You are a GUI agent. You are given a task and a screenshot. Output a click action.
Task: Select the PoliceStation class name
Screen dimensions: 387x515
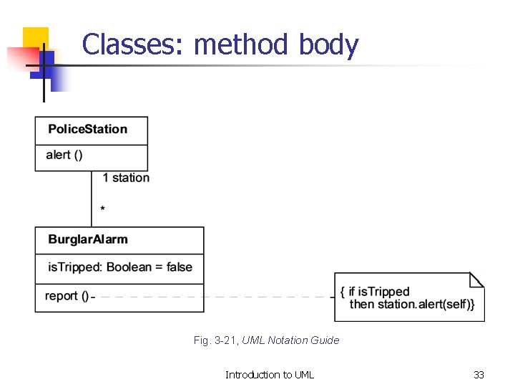[x=87, y=129]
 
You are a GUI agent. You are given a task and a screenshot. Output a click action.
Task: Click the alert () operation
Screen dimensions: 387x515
[x=64, y=155]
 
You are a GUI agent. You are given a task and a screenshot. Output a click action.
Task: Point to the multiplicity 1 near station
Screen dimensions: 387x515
[x=106, y=178]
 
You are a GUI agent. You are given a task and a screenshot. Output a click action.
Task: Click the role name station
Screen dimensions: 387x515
[x=131, y=178]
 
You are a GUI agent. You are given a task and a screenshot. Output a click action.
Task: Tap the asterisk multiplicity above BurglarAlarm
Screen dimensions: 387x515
[x=103, y=209]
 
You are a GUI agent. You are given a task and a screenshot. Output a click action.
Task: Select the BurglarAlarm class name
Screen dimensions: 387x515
[x=88, y=239]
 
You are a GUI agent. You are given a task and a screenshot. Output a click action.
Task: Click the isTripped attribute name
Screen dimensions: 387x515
[x=74, y=267]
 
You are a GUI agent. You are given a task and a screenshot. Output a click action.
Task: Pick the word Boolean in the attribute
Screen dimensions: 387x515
[x=134, y=267]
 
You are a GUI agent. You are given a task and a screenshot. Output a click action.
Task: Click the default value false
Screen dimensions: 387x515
[x=179, y=267]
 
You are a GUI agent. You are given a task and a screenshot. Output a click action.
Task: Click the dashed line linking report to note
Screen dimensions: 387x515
[x=215, y=297]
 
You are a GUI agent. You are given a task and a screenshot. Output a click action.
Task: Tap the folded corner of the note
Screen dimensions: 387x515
[x=476, y=279]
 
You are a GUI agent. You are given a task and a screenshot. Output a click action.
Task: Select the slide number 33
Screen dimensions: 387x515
[x=479, y=375]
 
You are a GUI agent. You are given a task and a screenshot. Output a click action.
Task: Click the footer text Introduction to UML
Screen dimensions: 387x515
[x=270, y=375]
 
